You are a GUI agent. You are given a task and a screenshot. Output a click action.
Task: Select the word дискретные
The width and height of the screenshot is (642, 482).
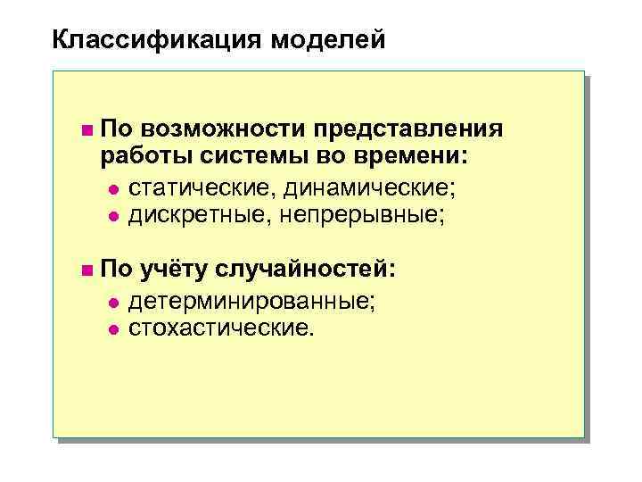pyautogui.click(x=198, y=214)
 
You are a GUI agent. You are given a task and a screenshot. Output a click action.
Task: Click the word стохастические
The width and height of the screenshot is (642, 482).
pyautogui.click(x=222, y=328)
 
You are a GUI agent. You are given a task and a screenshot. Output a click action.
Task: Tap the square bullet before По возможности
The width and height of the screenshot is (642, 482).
pyautogui.click(x=85, y=131)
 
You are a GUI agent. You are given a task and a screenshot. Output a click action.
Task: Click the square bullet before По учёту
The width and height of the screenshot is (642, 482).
pyautogui.click(x=85, y=270)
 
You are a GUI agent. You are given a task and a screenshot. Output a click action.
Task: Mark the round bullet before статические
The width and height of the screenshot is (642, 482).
pyautogui.click(x=112, y=189)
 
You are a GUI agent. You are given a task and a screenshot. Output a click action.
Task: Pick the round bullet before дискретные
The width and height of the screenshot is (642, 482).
pyautogui.click(x=112, y=215)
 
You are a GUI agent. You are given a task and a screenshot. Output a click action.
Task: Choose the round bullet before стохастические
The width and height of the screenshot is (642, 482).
pyautogui.click(x=112, y=329)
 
